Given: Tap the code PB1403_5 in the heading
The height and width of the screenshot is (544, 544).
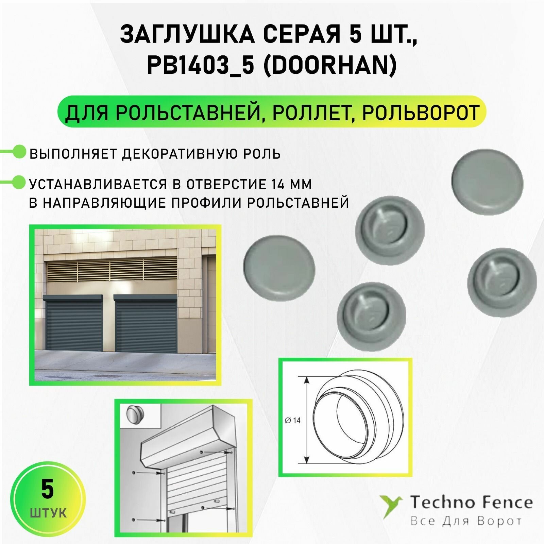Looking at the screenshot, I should tap(201, 66).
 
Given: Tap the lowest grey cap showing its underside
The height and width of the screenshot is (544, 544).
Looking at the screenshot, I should tap(371, 315).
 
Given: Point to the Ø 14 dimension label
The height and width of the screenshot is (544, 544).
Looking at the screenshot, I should tap(293, 421).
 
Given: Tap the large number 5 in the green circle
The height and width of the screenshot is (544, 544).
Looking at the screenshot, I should tap(47, 490).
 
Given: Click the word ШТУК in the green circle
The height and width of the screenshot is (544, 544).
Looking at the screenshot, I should tap(48, 513).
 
